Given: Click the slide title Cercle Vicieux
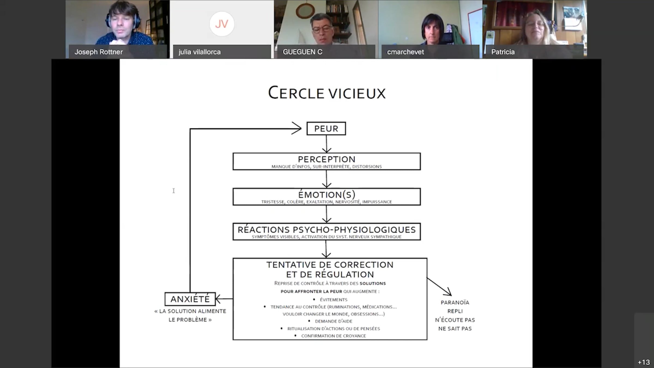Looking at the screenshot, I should tap(327, 93).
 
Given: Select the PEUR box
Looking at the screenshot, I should tap(326, 128).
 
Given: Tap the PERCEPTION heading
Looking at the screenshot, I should tap(326, 159).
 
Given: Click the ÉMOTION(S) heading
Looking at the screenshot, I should tap(326, 195).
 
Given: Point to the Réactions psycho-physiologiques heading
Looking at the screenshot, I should tap(326, 230).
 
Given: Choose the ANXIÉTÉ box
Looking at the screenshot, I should tap(190, 299).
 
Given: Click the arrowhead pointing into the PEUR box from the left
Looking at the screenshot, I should tap(296, 128).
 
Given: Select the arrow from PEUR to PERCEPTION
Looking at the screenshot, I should tap(326, 144).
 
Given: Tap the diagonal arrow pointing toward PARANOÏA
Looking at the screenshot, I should tap(439, 286).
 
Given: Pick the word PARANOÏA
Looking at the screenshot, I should tap(455, 303).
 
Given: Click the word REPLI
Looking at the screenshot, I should tap(455, 311).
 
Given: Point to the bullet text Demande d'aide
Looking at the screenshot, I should tap(334, 321).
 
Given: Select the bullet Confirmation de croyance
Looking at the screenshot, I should tap(334, 336).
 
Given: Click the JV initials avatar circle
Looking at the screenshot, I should tap(222, 24).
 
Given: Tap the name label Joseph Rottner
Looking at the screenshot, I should tap(99, 52).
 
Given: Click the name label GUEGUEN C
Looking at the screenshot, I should tap(302, 52).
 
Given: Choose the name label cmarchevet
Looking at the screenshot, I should tap(405, 52).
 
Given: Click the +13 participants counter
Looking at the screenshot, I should tap(644, 362).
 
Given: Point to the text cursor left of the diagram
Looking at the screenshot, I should tap(174, 191).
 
